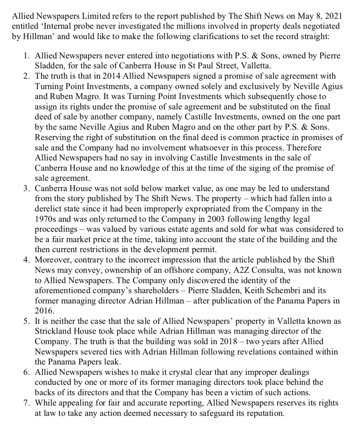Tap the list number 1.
point(26,56)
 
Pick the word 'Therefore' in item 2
point(307,147)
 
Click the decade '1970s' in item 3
point(45,218)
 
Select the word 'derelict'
point(46,208)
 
